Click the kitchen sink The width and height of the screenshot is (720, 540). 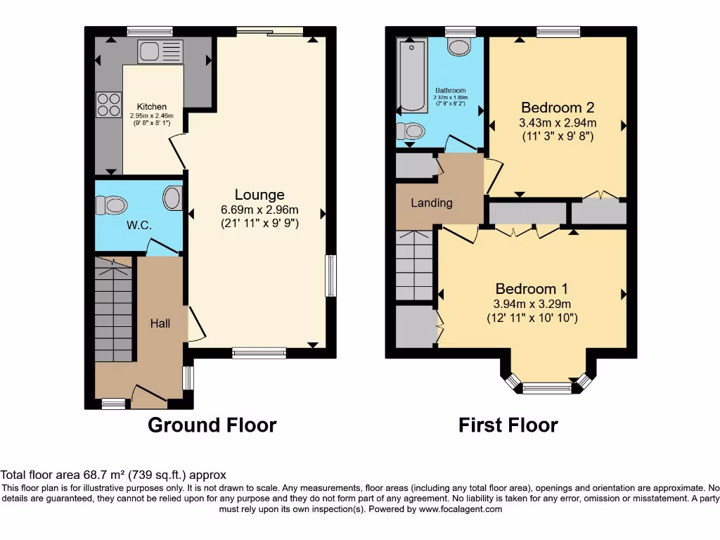[x=160, y=51]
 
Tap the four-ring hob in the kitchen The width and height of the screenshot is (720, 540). [x=108, y=105]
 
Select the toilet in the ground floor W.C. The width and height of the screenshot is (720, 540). [x=112, y=205]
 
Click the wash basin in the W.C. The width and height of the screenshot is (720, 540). [x=172, y=198]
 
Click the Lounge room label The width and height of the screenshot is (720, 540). [x=259, y=195]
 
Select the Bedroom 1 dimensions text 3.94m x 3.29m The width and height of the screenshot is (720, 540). [x=532, y=304]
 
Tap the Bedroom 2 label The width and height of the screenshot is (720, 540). [x=558, y=108]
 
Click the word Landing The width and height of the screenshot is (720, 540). [x=431, y=202]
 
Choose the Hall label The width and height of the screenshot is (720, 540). [x=160, y=323]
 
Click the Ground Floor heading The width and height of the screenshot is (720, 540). [x=212, y=425]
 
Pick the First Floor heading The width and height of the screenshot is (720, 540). [x=508, y=425]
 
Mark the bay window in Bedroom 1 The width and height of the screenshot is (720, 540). [x=548, y=387]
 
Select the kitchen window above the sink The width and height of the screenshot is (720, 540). [x=150, y=31]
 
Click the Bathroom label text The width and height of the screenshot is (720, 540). [x=450, y=91]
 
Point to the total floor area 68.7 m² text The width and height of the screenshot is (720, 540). [x=113, y=475]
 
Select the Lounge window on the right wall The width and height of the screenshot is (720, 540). [x=330, y=275]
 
